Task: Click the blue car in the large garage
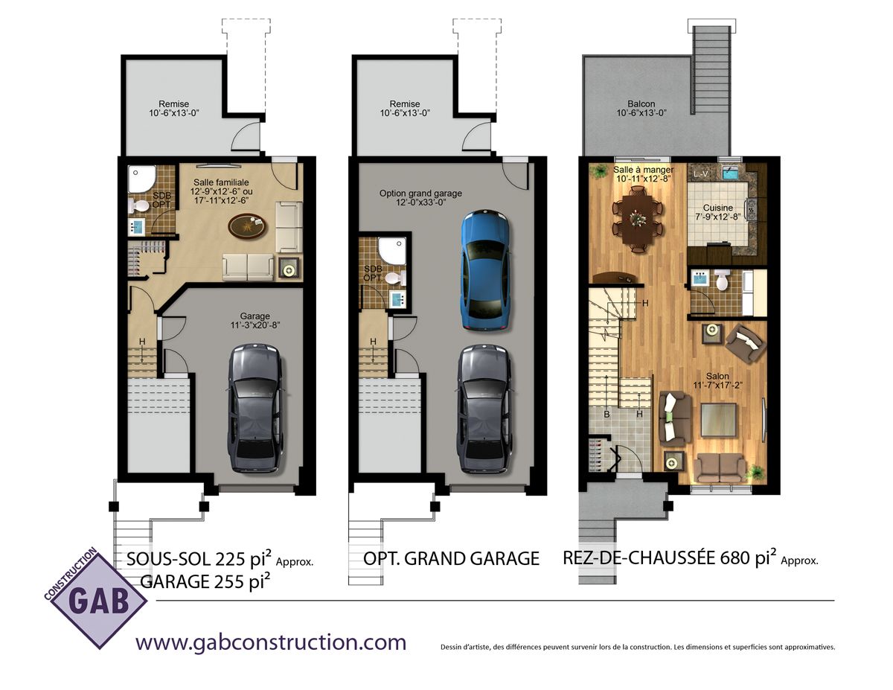(x=485, y=269)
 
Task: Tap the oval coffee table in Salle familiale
(x=247, y=227)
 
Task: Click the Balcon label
(x=641, y=104)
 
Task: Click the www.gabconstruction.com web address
(x=271, y=642)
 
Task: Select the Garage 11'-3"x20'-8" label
(x=255, y=321)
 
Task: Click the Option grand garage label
(x=420, y=198)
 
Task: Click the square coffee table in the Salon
(x=718, y=419)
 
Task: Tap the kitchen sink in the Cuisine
(x=730, y=173)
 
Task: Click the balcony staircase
(x=711, y=70)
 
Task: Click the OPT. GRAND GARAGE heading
(x=451, y=559)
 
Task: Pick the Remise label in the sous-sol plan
(x=174, y=104)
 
